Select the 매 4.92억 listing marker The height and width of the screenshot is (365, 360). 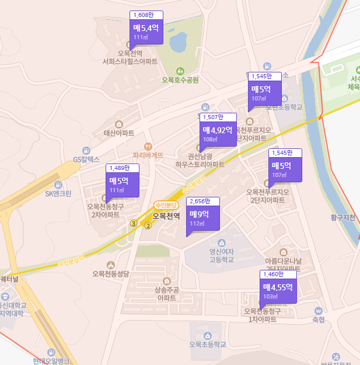tap(218, 134)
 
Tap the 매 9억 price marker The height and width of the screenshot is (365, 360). tap(203, 217)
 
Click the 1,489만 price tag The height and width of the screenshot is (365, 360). tap(123, 168)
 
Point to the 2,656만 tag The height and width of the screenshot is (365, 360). tap(202, 201)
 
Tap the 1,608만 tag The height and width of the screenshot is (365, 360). tap(146, 15)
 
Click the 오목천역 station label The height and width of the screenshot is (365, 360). tap(166, 216)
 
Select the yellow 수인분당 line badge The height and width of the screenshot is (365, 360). tap(165, 205)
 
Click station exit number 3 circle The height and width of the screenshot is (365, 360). tap(134, 223)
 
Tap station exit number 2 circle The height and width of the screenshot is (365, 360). tap(148, 226)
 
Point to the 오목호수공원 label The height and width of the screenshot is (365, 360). tap(181, 80)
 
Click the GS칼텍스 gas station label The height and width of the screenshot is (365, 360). tap(86, 159)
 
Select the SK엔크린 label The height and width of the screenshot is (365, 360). tap(58, 193)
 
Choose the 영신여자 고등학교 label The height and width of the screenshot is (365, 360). tap(221, 256)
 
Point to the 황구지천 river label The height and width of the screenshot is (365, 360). tap(342, 218)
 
